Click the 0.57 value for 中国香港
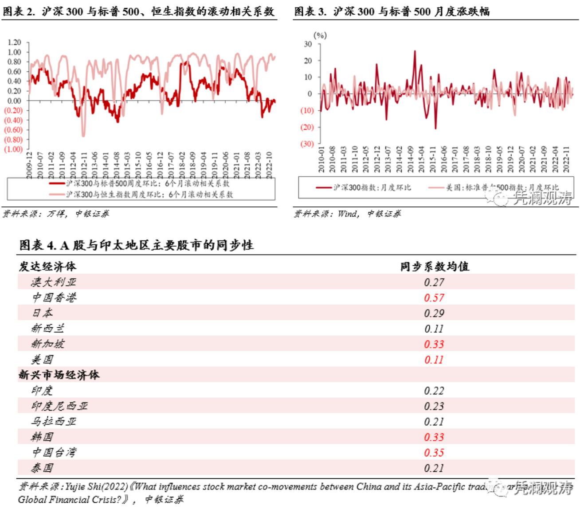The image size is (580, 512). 434,298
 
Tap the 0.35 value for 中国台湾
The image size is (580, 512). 434,453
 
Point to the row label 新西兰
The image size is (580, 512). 48,329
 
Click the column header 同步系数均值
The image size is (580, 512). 434,266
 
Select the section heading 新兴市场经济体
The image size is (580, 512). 59,375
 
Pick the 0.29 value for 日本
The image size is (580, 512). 434,313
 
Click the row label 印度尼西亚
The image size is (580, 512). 59,406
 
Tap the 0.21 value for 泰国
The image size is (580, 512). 434,468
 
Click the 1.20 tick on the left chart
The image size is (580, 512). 14,43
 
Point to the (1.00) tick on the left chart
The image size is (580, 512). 13,149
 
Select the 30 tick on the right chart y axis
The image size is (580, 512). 308,44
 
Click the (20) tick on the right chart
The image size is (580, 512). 307,128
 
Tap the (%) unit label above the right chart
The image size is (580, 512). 320,35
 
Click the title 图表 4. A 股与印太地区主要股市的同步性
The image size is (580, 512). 137,245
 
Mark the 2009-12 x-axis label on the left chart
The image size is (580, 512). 29,165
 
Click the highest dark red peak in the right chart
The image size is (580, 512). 415,51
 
